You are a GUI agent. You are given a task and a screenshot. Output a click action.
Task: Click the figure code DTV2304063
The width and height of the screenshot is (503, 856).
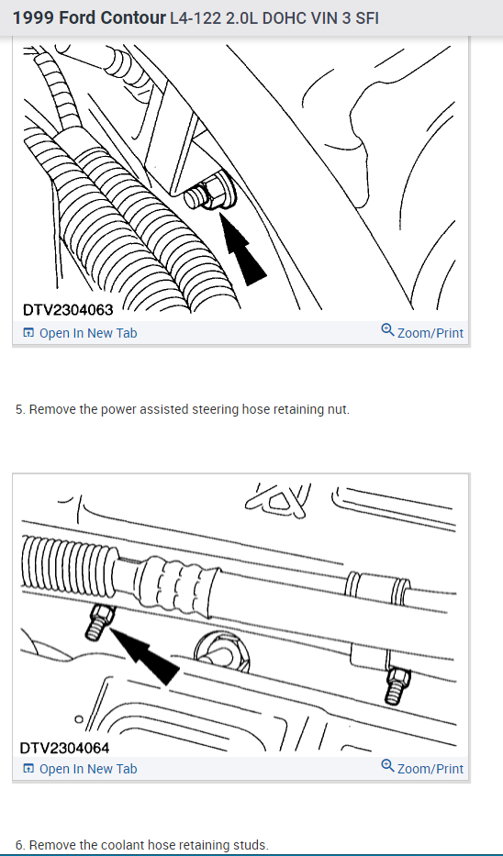tap(68, 309)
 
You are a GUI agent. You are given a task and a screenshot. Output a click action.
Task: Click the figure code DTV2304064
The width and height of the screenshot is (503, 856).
tap(64, 748)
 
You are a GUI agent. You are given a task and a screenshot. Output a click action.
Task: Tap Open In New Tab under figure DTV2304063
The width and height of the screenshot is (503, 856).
tap(80, 333)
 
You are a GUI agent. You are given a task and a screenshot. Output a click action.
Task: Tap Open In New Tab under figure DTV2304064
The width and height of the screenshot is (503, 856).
tap(80, 769)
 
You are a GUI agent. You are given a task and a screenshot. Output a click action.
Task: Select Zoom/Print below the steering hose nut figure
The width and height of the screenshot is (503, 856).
tap(422, 332)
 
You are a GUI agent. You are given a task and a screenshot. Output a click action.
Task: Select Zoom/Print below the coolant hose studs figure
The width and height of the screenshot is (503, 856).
tap(422, 768)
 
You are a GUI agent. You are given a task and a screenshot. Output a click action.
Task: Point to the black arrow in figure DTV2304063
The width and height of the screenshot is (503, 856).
tap(242, 249)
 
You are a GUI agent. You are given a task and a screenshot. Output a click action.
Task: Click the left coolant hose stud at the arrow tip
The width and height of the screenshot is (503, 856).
tap(100, 622)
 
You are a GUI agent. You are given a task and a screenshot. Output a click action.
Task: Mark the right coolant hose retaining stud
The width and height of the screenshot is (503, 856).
tap(397, 685)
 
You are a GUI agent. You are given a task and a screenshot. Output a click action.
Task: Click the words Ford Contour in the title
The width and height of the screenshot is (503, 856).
tap(112, 18)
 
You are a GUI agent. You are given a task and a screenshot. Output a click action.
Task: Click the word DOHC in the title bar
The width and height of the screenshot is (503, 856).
tap(283, 18)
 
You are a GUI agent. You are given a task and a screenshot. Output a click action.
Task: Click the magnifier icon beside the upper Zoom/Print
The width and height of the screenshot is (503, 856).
tap(387, 330)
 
